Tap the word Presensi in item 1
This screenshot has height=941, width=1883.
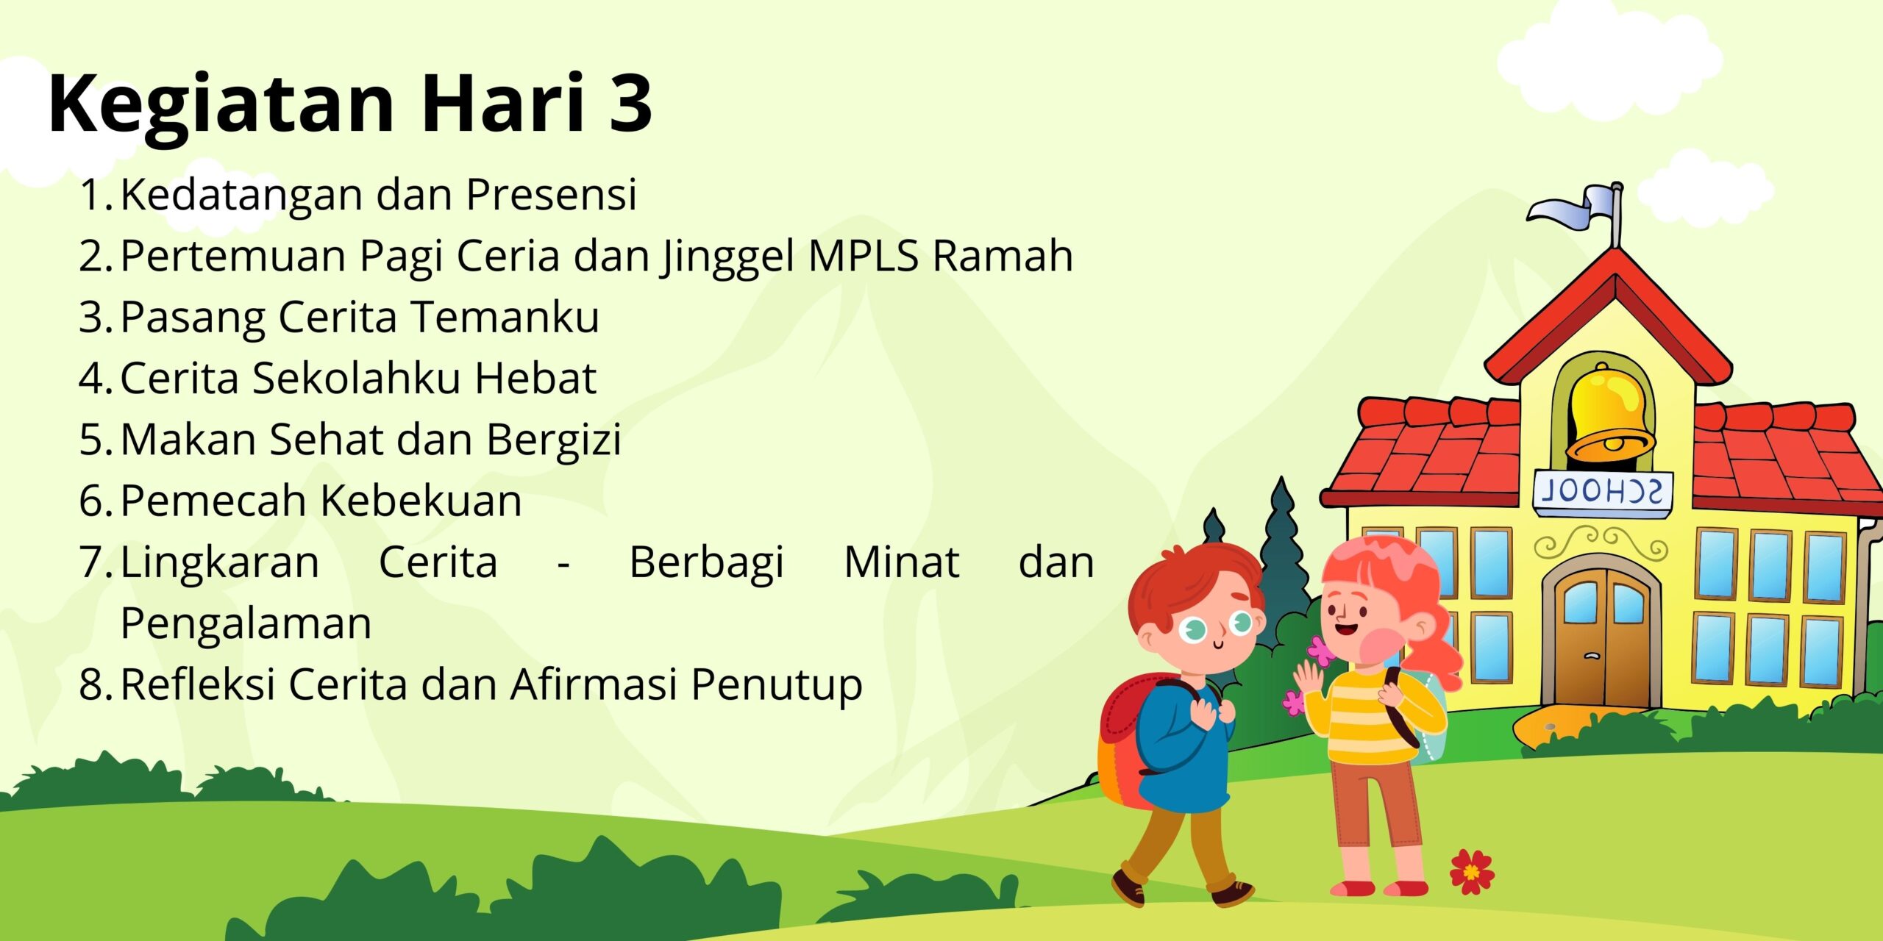pyautogui.click(x=551, y=195)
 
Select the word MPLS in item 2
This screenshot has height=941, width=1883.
pyautogui.click(x=864, y=256)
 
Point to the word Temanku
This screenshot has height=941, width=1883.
pyautogui.click(x=505, y=317)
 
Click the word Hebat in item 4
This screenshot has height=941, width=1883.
pyautogui.click(x=535, y=378)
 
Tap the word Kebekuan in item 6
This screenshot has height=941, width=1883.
pyautogui.click(x=421, y=501)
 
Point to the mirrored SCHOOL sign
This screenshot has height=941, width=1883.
pyautogui.click(x=1602, y=491)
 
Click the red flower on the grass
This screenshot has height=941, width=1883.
pyautogui.click(x=1471, y=872)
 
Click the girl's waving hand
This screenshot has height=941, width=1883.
pyautogui.click(x=1309, y=680)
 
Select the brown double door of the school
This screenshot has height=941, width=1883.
pyautogui.click(x=1601, y=640)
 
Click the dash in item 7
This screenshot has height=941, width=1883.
pyautogui.click(x=563, y=565)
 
